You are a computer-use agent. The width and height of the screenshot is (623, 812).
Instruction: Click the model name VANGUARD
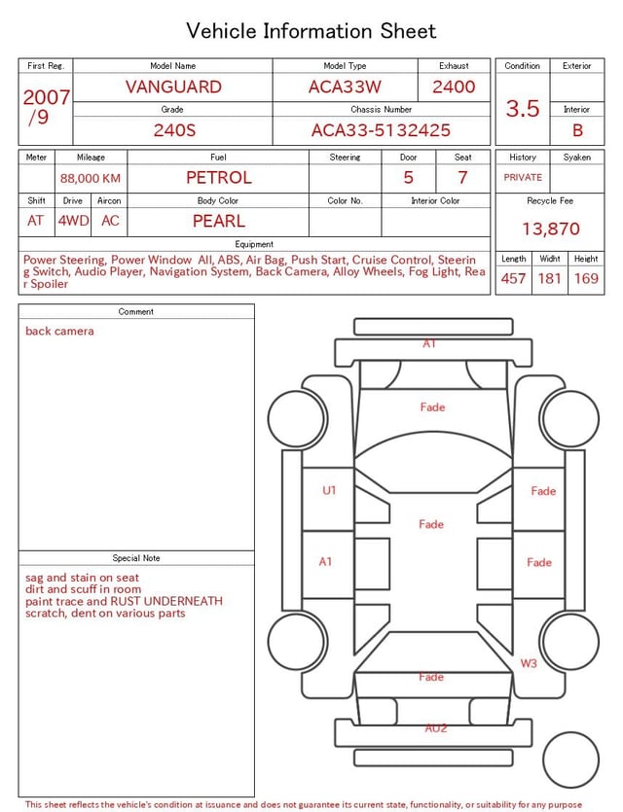tap(173, 87)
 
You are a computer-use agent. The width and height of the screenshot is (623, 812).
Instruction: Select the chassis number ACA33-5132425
tap(381, 130)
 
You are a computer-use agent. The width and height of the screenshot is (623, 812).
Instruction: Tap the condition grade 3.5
tap(523, 109)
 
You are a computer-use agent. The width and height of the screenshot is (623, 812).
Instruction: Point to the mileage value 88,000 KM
tap(91, 179)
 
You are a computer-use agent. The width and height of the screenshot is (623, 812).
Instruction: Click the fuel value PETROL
tap(219, 178)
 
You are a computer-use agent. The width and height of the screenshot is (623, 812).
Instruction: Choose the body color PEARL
tap(219, 221)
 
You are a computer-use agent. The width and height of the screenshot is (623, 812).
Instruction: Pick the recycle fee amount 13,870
tap(550, 229)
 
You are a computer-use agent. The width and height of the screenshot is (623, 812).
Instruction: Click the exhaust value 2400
tap(454, 87)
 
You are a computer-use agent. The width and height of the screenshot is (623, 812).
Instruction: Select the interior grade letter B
tap(577, 130)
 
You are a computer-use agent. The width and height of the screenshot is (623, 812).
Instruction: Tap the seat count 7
tap(462, 178)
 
